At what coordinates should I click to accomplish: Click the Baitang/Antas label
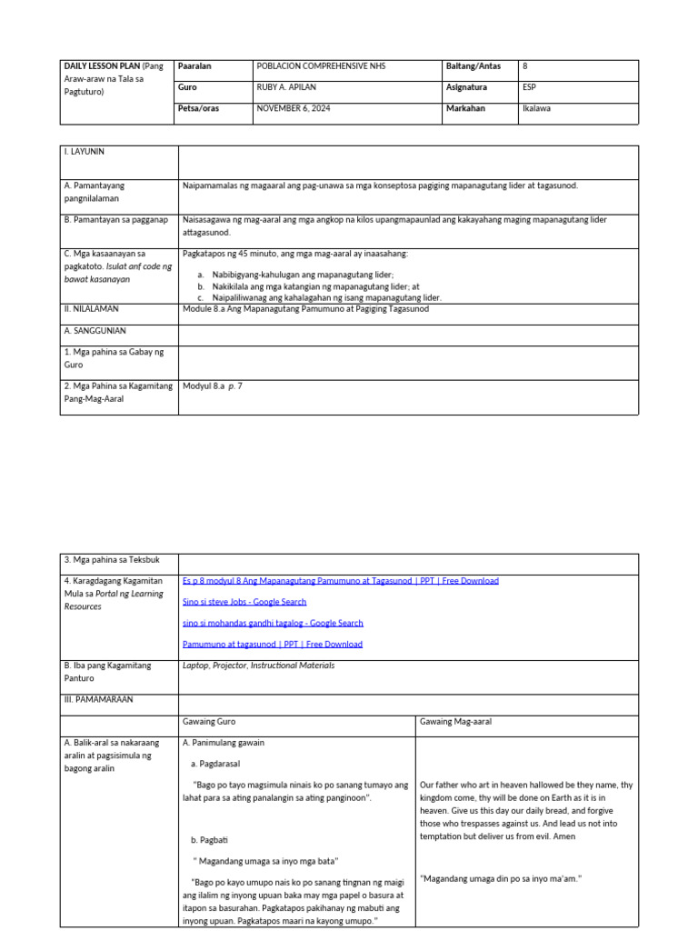pyautogui.click(x=473, y=66)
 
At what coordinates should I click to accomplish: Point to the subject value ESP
pyautogui.click(x=529, y=87)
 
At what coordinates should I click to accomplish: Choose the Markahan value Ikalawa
pyautogui.click(x=536, y=108)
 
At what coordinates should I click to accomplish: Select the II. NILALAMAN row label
pyautogui.click(x=91, y=309)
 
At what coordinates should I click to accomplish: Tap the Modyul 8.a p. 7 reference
pyautogui.click(x=213, y=385)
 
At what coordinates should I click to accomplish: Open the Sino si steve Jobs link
pyautogui.click(x=244, y=602)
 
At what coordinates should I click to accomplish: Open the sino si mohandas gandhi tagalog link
pyautogui.click(x=273, y=623)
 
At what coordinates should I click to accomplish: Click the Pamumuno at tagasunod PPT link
pyautogui.click(x=273, y=644)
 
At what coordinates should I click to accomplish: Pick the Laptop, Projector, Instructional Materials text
pyautogui.click(x=258, y=666)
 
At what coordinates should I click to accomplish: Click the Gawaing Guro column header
pyautogui.click(x=209, y=722)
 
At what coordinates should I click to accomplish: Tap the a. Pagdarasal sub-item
pyautogui.click(x=215, y=764)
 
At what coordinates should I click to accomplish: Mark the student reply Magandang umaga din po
pyautogui.click(x=501, y=878)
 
